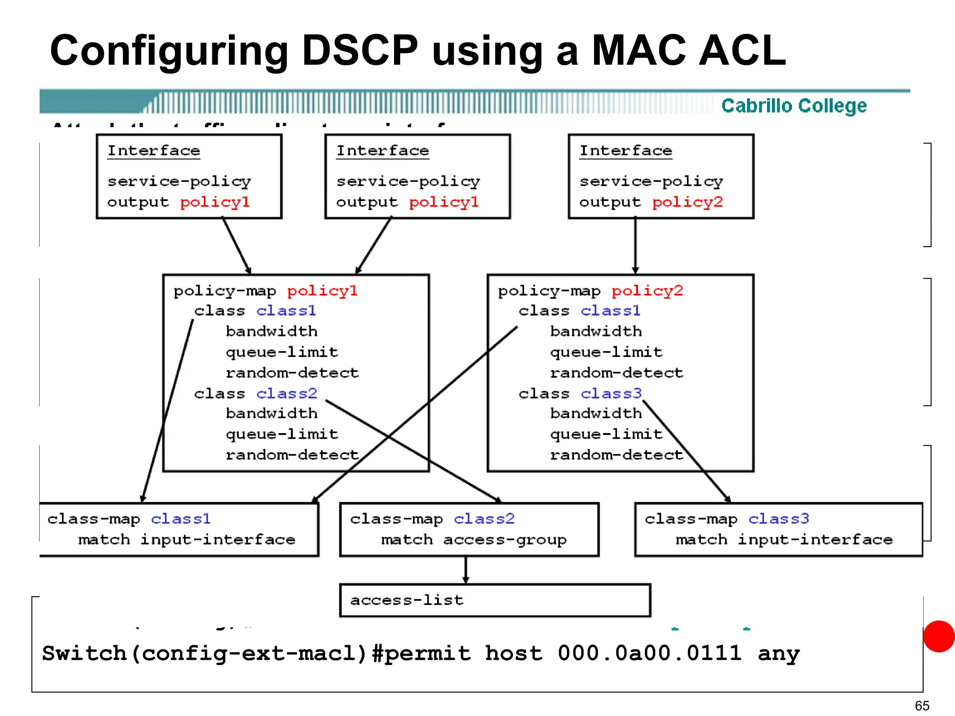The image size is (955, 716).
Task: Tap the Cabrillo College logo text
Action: [x=794, y=106]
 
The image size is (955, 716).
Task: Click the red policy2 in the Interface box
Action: [x=687, y=202]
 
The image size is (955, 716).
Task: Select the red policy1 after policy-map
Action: [x=322, y=291]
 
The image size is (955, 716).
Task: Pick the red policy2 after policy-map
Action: [x=647, y=291]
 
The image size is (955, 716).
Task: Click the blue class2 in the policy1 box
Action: [x=286, y=393]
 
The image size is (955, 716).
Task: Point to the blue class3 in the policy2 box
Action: [x=611, y=393]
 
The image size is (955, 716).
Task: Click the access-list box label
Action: [x=407, y=600]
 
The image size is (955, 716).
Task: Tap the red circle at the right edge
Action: [x=939, y=636]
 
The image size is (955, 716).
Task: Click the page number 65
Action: [x=922, y=706]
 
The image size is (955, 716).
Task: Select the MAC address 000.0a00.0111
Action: [x=649, y=653]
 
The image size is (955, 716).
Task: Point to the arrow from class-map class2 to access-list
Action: [x=465, y=570]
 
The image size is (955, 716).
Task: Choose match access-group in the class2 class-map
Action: [x=474, y=540]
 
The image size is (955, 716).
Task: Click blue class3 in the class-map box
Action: [x=778, y=519]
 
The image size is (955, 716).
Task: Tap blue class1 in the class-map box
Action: [x=180, y=519]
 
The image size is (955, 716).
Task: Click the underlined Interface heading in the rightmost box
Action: [x=625, y=151]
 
